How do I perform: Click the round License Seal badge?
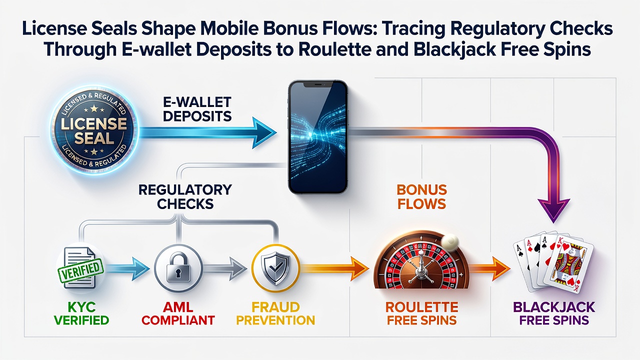click(94, 130)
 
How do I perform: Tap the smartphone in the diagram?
click(318, 137)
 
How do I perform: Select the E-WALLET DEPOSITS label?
click(197, 109)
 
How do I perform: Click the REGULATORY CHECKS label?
click(185, 197)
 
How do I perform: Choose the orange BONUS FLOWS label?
click(421, 197)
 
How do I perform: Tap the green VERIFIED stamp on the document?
click(81, 269)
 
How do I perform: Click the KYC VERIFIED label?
click(81, 313)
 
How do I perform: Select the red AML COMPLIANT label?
click(178, 313)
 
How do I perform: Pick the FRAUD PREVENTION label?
click(275, 313)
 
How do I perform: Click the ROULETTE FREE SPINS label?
click(421, 313)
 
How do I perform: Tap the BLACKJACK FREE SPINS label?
click(554, 313)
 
